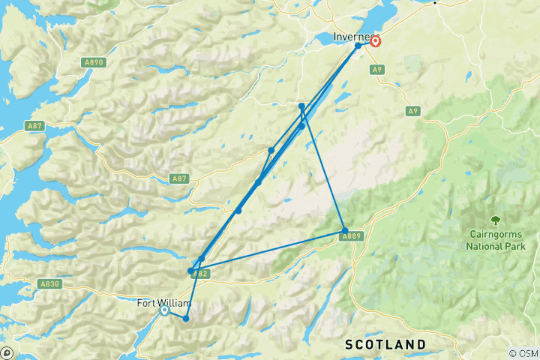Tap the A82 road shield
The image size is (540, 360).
(x=199, y=274)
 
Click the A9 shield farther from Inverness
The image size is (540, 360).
(x=412, y=111)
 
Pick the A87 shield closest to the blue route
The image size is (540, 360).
(x=178, y=178)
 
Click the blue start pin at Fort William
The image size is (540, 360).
(x=163, y=312)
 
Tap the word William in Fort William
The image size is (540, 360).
(x=174, y=304)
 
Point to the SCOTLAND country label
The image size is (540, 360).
(x=385, y=343)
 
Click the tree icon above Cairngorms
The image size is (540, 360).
(x=495, y=220)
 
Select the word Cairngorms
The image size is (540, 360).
(x=495, y=234)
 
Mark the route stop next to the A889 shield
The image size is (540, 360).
(x=344, y=230)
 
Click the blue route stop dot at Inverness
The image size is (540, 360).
(x=358, y=46)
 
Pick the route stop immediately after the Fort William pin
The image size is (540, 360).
(x=185, y=319)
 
